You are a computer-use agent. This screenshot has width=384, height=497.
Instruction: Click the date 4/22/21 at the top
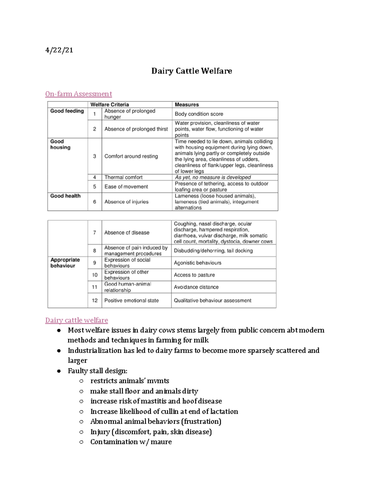[x=59, y=50]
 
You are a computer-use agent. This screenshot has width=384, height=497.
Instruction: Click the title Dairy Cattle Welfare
[x=191, y=71]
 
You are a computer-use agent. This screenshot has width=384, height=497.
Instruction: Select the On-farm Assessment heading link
[x=78, y=94]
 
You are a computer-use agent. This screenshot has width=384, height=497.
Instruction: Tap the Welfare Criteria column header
[x=109, y=105]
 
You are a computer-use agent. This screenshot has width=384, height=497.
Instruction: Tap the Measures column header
[x=187, y=105]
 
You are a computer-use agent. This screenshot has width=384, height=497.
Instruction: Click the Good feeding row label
[x=67, y=111]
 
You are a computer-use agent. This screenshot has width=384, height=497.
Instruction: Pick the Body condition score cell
[x=199, y=114]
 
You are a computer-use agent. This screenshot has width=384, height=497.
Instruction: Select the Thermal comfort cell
[x=123, y=177]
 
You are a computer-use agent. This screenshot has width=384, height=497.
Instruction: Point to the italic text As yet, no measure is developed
[x=212, y=177]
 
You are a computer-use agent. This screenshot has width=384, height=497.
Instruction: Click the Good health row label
[x=65, y=196]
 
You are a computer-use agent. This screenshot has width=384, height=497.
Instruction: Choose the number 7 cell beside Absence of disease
[x=94, y=233]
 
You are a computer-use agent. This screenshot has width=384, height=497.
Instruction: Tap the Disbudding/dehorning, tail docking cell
[x=213, y=251]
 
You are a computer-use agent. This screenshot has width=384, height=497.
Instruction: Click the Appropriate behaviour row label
[x=65, y=263]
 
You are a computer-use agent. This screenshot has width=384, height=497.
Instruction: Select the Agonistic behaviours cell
[x=197, y=263]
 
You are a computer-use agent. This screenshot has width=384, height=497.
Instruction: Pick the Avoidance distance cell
[x=196, y=287]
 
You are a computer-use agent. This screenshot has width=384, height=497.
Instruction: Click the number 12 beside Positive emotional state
[x=95, y=301]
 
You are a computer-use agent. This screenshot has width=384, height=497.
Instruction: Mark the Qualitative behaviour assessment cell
[x=212, y=301]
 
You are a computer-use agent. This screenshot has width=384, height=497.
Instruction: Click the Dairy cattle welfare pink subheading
[x=76, y=320]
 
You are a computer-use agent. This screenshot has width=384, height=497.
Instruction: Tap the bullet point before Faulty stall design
[x=59, y=371]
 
